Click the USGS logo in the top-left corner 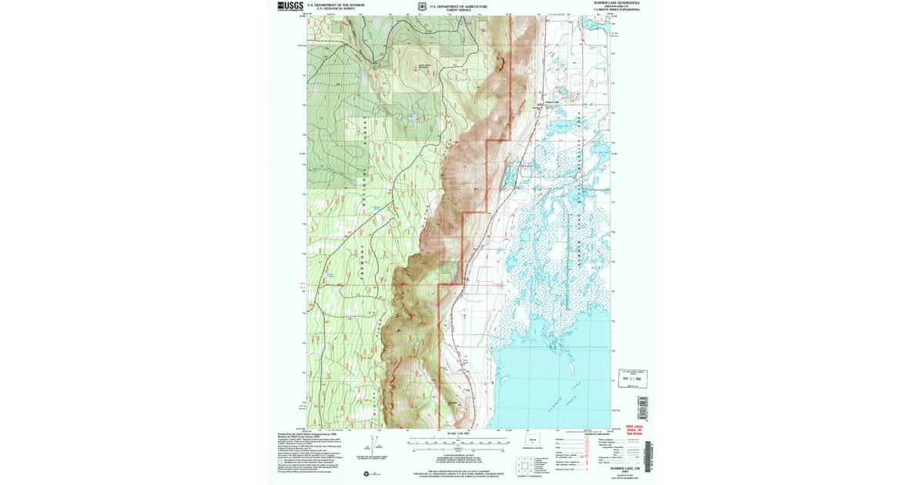point(291,6)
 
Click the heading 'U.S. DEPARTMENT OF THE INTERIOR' point(335,5)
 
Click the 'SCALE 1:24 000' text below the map point(458,434)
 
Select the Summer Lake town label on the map point(550,102)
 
